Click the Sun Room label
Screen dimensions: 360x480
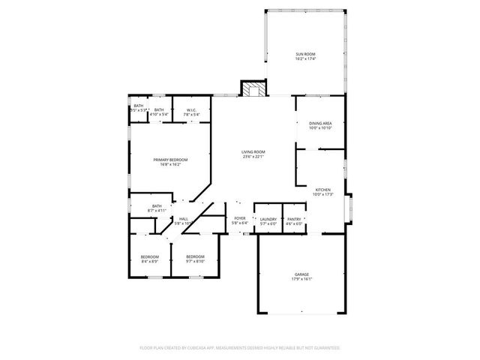(304, 54)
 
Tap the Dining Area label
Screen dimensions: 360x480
(319, 123)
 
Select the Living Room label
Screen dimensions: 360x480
(253, 152)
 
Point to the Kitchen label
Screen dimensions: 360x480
(322, 190)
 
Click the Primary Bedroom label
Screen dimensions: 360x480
(170, 160)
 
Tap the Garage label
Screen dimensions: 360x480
(301, 274)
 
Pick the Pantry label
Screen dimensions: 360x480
(294, 219)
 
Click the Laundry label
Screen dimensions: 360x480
(268, 219)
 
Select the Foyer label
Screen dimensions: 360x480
(239, 219)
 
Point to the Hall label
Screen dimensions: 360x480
(183, 219)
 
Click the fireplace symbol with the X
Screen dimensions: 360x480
(252, 89)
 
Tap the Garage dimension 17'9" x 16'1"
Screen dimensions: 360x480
(301, 279)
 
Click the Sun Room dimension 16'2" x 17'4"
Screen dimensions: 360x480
(304, 58)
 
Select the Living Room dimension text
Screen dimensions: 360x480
(253, 157)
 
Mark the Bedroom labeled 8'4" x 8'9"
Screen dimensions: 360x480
(150, 261)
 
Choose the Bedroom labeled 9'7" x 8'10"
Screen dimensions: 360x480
(195, 261)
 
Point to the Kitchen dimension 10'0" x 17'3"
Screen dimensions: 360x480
(322, 194)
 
